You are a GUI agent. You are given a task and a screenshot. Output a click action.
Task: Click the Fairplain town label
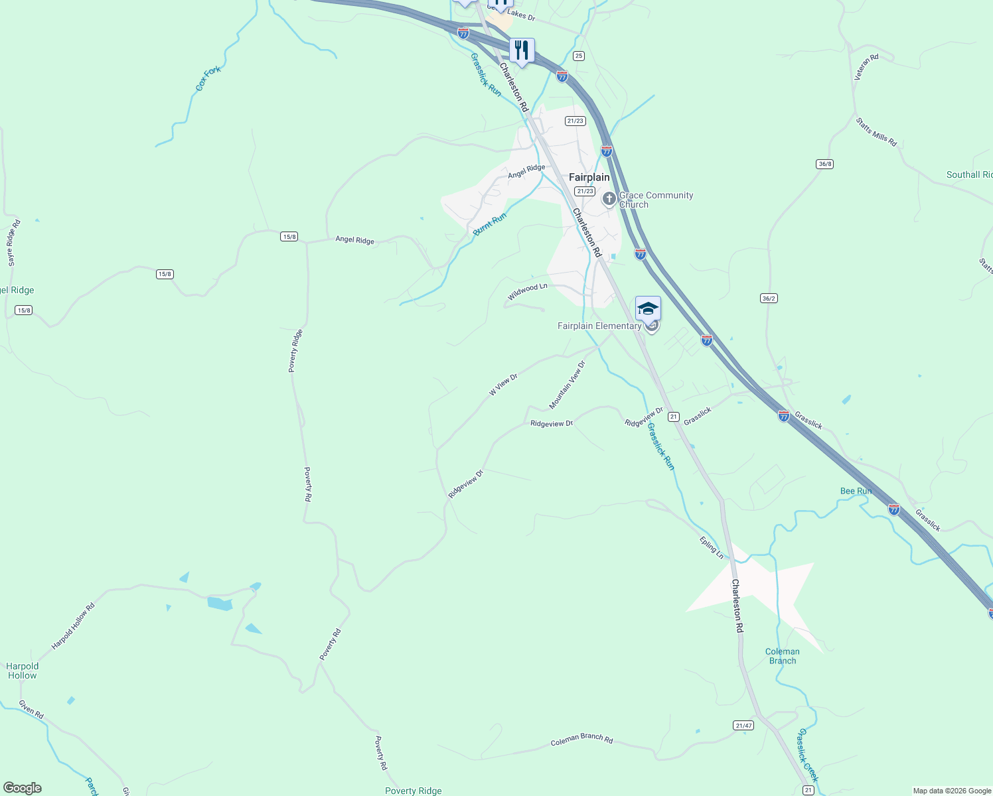pyautogui.click(x=589, y=178)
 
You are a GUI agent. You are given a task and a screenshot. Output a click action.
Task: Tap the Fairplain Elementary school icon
pyautogui.click(x=648, y=308)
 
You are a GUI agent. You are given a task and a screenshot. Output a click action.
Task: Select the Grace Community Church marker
pyautogui.click(x=609, y=198)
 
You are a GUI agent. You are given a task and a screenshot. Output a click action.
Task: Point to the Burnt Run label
pyautogui.click(x=490, y=224)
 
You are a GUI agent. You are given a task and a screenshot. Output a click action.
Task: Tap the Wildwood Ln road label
pyautogui.click(x=528, y=291)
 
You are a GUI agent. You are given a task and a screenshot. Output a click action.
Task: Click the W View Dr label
pyautogui.click(x=503, y=385)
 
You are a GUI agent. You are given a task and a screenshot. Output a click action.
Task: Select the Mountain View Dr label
pyautogui.click(x=568, y=385)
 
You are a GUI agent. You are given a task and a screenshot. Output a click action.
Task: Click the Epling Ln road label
pyautogui.click(x=711, y=547)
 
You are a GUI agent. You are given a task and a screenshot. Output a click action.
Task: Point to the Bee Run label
pyautogui.click(x=856, y=491)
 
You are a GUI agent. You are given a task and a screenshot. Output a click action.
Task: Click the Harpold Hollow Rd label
pyautogui.click(x=73, y=626)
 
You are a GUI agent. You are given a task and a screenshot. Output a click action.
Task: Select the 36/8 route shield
pyautogui.click(x=824, y=164)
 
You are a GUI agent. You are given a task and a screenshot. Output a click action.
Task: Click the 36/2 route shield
pyautogui.click(x=769, y=298)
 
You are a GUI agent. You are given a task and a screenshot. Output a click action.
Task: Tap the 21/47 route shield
pyautogui.click(x=743, y=726)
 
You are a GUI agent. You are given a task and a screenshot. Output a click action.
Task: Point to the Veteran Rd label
pyautogui.click(x=866, y=67)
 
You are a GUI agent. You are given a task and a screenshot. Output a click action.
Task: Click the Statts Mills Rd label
pyautogui.click(x=876, y=132)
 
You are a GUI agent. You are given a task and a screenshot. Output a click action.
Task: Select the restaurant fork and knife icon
pyautogui.click(x=522, y=50)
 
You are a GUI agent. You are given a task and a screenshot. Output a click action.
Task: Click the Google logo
pyautogui.click(x=23, y=788)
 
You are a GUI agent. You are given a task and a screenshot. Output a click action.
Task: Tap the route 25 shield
pyautogui.click(x=579, y=56)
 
